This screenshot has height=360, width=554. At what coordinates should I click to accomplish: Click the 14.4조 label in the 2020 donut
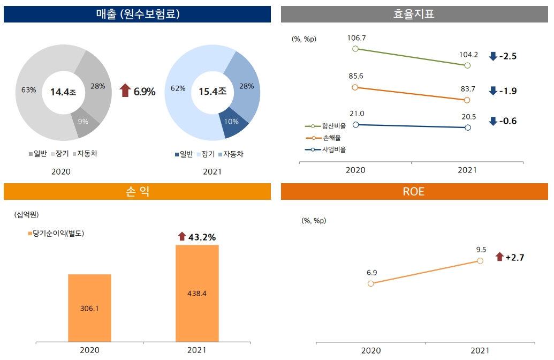[x=63, y=92]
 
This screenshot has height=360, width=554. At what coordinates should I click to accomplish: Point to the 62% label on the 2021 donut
[x=178, y=88]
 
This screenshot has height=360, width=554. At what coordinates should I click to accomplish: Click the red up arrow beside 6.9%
[x=125, y=91]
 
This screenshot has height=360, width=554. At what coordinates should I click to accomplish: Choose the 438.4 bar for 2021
[x=197, y=293]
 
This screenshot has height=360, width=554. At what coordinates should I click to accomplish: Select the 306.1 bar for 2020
[x=89, y=308]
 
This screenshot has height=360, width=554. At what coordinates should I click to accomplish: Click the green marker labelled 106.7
[x=355, y=49]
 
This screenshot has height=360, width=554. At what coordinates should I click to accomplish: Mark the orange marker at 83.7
[x=467, y=100]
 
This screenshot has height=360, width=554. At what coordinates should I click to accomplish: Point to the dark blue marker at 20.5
[x=468, y=127]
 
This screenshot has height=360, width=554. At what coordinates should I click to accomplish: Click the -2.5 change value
[x=507, y=56]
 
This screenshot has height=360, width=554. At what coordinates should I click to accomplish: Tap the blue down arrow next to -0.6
[x=493, y=121]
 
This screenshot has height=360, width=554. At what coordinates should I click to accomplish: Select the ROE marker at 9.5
[x=480, y=260]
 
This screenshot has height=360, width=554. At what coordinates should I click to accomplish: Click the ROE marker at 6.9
[x=371, y=283]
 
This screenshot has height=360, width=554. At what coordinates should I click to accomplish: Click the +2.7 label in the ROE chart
[x=514, y=258]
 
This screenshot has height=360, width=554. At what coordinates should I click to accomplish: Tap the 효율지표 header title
[x=414, y=14]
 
